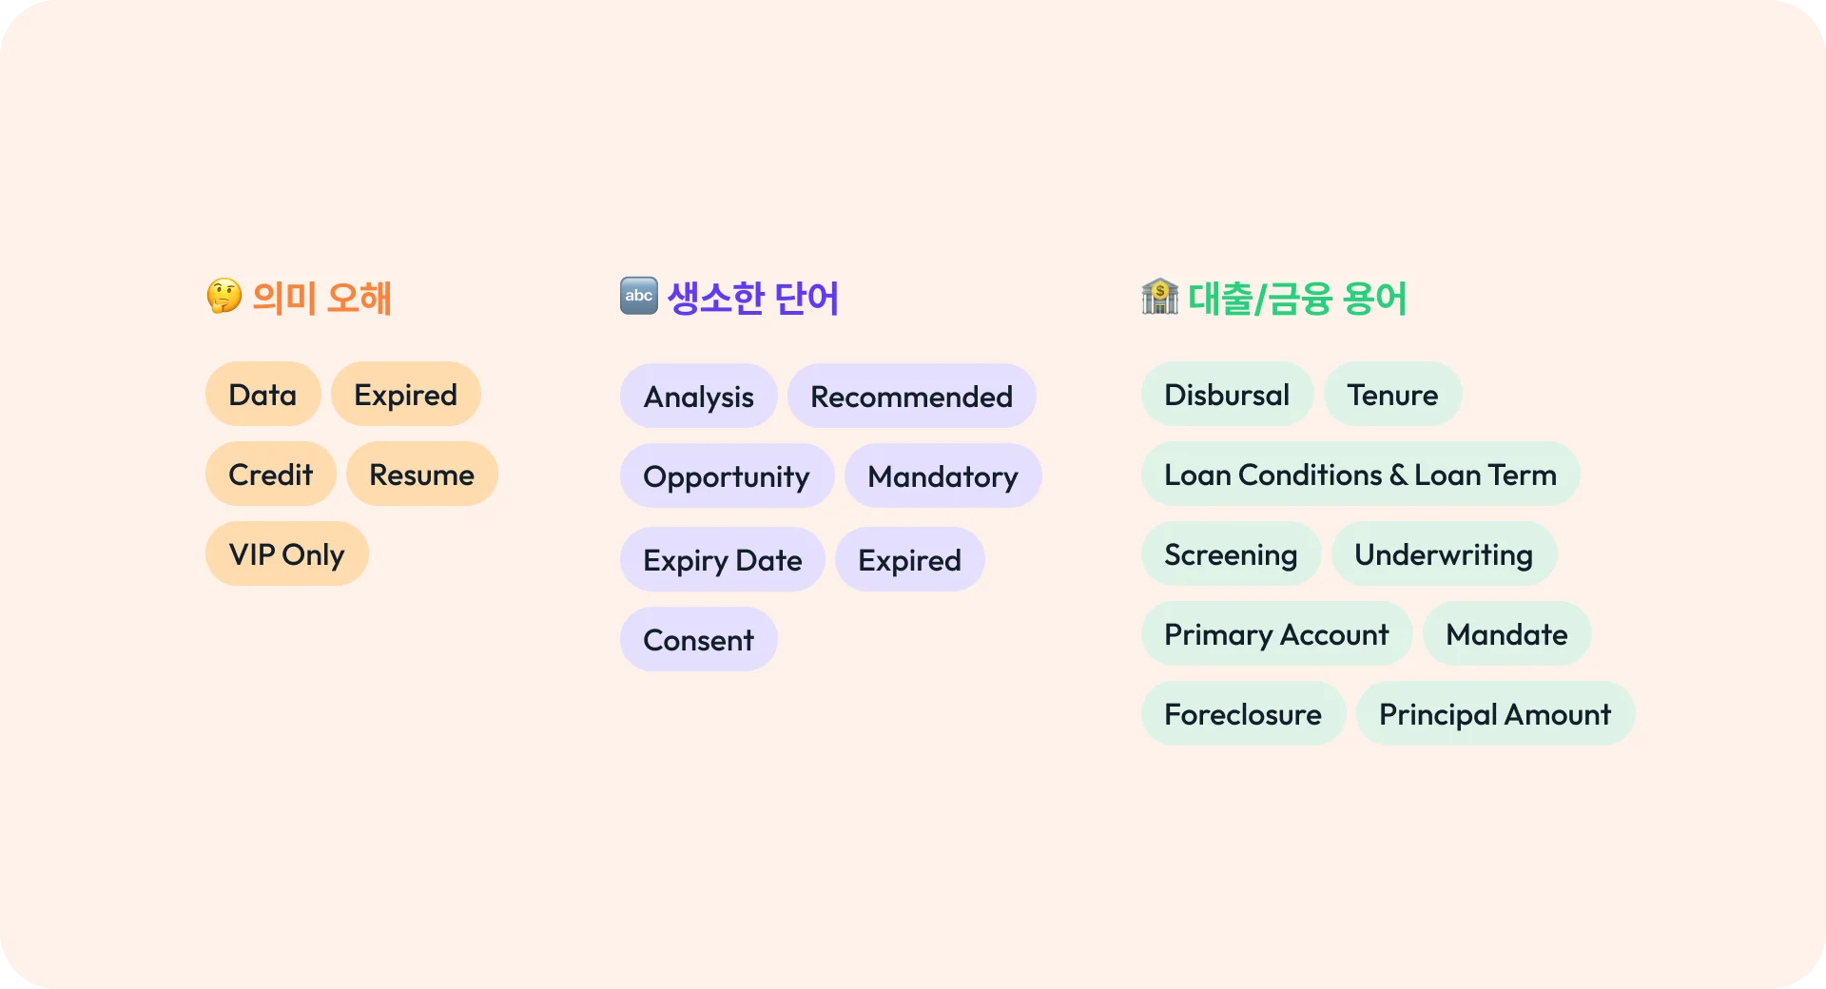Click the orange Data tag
pos(262,394)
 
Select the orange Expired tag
pos(405,394)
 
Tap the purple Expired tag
pos(909,559)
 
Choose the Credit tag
pos(270,474)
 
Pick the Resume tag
pos(421,474)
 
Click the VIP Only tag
pos(286,553)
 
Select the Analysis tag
pos(698,396)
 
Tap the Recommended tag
pos(911,396)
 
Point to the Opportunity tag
pos(727,475)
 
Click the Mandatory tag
pos(942,475)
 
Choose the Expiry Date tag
pos(722,559)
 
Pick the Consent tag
pos(698,639)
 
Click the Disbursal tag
pos(1227,394)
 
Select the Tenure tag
pos(1392,394)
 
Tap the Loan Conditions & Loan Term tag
pos(1360,474)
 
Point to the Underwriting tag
pos(1444,553)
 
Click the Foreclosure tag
pos(1243,713)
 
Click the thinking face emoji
pos(224,296)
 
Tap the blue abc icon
pos(639,296)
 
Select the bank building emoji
pos(1160,296)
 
